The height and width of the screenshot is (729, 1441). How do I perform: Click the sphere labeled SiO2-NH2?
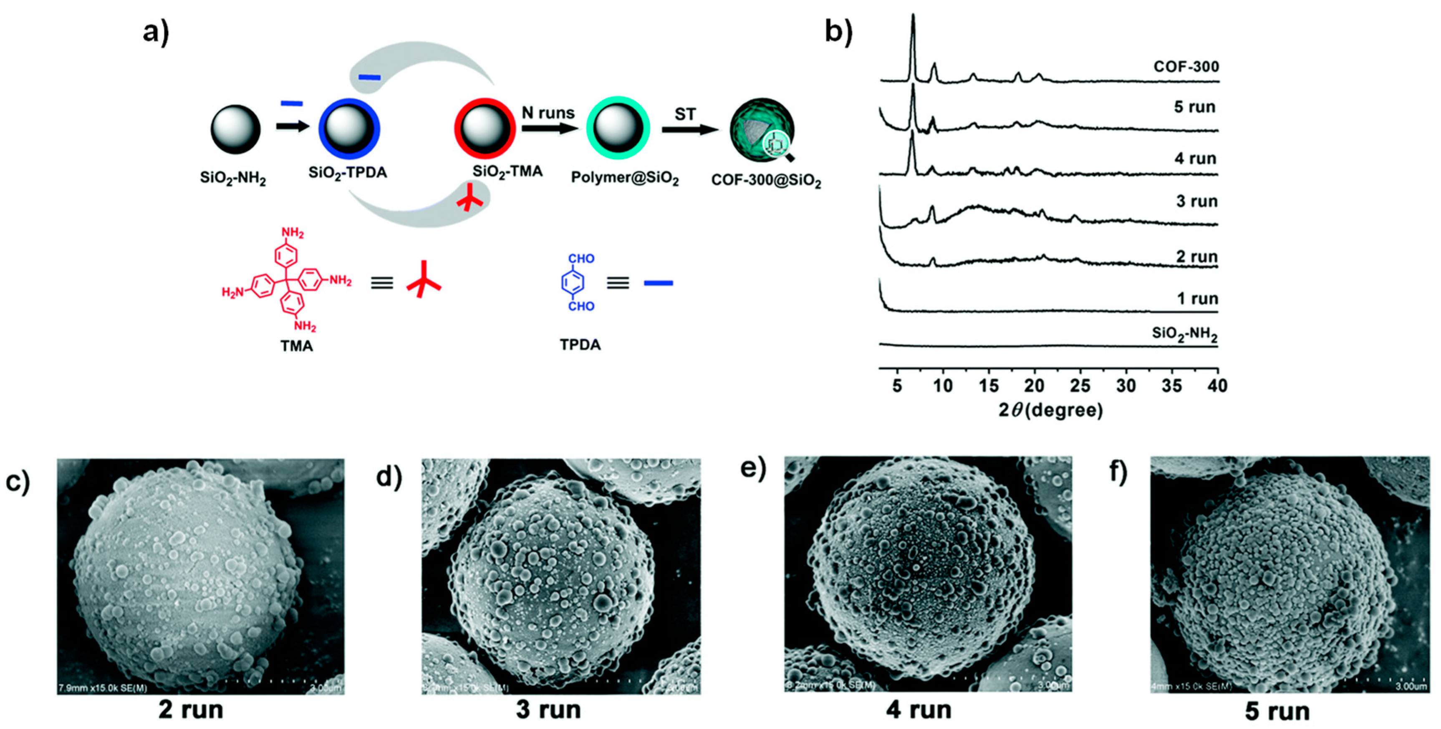coord(235,128)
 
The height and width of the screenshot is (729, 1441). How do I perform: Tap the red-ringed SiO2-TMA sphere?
coord(485,128)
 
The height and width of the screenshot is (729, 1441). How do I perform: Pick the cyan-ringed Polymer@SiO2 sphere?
coord(618,128)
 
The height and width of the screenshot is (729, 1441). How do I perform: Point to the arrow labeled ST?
coord(690,130)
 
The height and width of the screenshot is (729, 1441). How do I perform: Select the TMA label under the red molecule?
coord(296,346)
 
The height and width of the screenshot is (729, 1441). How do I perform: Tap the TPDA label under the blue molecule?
coord(580,344)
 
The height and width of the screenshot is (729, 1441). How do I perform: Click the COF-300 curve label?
coord(1186,67)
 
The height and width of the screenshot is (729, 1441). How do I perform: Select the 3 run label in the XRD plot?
coord(1196,201)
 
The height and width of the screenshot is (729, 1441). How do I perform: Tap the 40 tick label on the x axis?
coord(1217,386)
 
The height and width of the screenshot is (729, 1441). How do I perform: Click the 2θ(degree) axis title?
coord(1050,410)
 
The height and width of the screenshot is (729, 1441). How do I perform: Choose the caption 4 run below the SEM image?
coord(919,710)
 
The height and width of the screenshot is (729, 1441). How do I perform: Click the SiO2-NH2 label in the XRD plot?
coord(1184,334)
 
